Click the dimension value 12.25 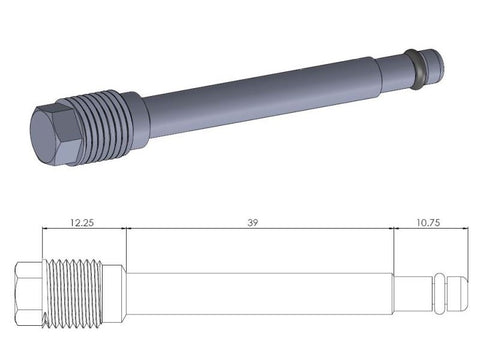click(82, 222)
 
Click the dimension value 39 click(253, 222)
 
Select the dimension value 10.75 click(428, 222)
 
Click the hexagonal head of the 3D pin click(55, 135)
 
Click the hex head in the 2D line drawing click(29, 294)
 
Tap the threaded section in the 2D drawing click(73, 294)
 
